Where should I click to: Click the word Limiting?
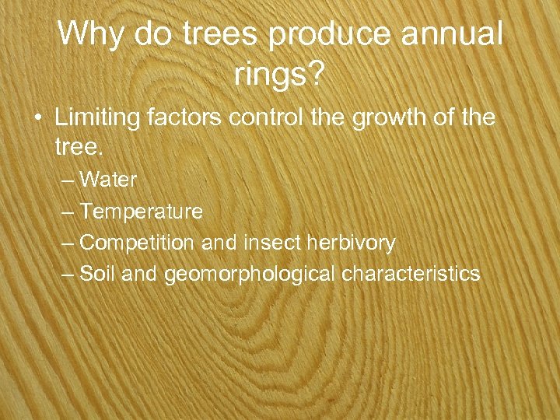97,118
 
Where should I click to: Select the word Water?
108,180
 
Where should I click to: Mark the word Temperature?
141,212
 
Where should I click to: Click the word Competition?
138,243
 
